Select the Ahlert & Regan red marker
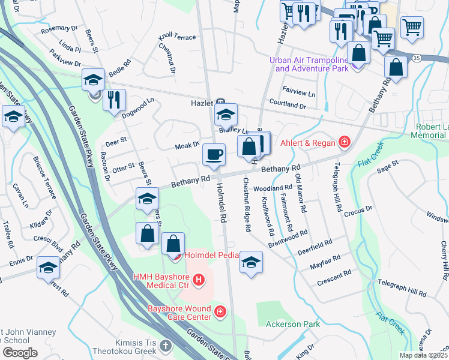coord(345,142)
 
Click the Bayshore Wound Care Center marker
coord(220,313)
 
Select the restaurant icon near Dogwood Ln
coord(114,100)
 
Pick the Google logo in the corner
coord(20,353)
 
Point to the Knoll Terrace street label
coord(176,37)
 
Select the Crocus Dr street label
coord(360,209)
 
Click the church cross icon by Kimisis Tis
coord(166,346)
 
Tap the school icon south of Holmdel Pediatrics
coord(252,262)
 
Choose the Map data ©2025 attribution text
coord(424,355)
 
